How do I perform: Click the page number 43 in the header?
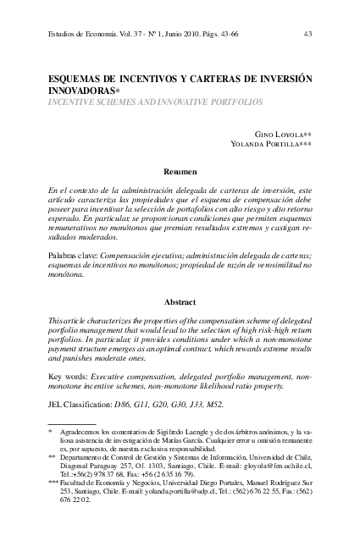pos(307,35)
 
